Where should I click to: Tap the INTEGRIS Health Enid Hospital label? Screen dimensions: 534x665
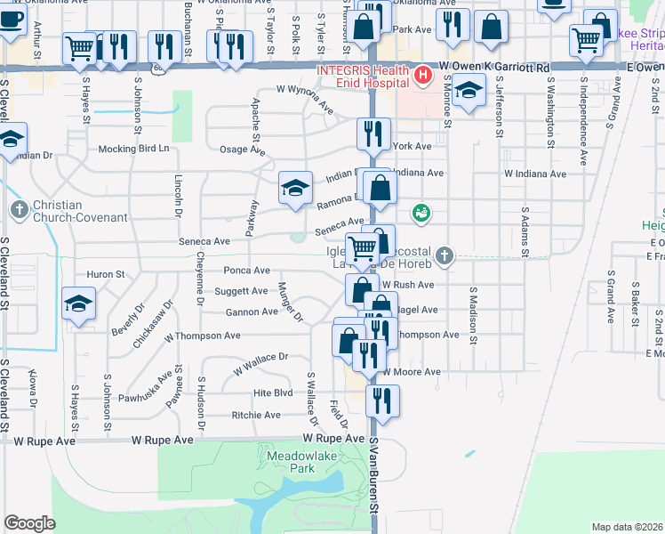click(369, 76)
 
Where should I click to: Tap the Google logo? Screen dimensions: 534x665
click(29, 522)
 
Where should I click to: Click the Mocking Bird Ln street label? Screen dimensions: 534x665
click(133, 149)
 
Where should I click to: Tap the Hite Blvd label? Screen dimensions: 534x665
click(273, 392)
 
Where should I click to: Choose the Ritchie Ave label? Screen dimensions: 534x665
click(256, 415)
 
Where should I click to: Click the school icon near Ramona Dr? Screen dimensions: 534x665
click(296, 188)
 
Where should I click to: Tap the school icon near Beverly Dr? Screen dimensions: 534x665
click(79, 303)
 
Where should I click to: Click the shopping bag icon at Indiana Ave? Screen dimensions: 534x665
click(380, 189)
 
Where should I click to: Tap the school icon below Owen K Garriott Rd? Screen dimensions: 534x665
click(469, 90)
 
